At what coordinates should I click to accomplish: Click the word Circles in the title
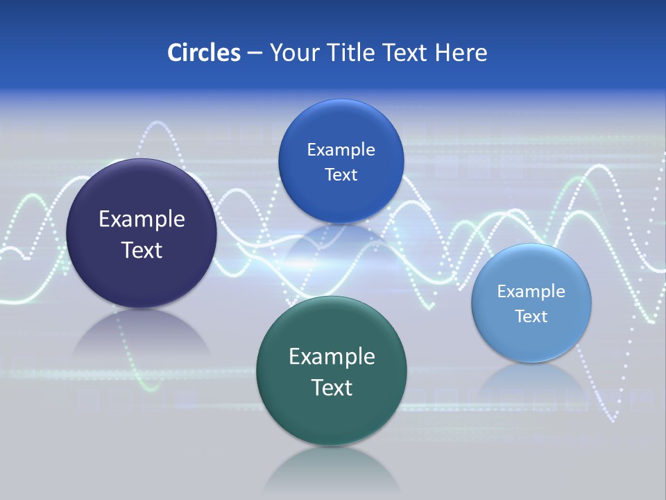pos(203,53)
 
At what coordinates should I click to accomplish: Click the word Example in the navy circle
pos(142,219)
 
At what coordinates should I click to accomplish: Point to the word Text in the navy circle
pos(142,250)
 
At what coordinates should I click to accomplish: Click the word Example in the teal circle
pos(332,357)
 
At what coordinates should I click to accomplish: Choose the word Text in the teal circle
pos(332,387)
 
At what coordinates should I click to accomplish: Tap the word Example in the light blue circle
pos(531,292)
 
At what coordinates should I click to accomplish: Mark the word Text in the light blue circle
pos(531,317)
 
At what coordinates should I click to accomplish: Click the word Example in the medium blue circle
pos(341,150)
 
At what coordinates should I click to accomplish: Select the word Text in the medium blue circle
pos(341,175)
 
